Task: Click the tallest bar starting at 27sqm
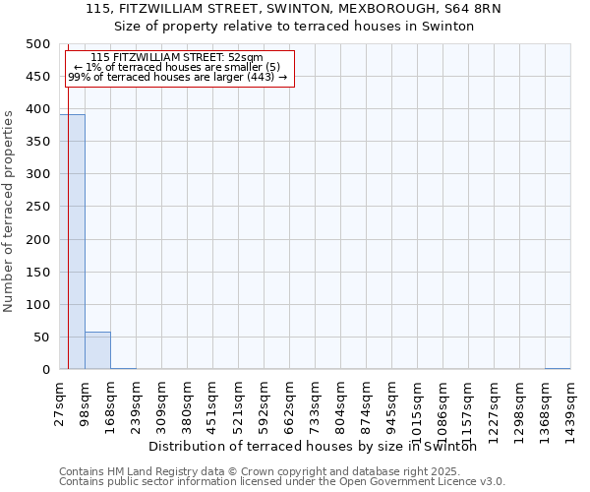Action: pyautogui.click(x=72, y=242)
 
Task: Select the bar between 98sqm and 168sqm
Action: pyautogui.click(x=97, y=350)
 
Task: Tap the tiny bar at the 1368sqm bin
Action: pyautogui.click(x=558, y=368)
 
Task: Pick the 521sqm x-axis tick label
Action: pyautogui.click(x=239, y=400)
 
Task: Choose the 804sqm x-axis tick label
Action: pyautogui.click(x=341, y=400)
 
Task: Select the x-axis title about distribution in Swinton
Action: pyautogui.click(x=320, y=446)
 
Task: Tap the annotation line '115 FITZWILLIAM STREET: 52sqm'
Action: pyautogui.click(x=176, y=58)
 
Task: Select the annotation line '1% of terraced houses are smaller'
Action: pyautogui.click(x=177, y=67)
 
